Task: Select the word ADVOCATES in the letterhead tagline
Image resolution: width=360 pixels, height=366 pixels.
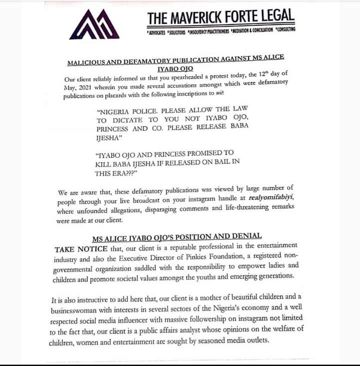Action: (x=158, y=32)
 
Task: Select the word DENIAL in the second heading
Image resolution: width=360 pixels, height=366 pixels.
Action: (x=246, y=235)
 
